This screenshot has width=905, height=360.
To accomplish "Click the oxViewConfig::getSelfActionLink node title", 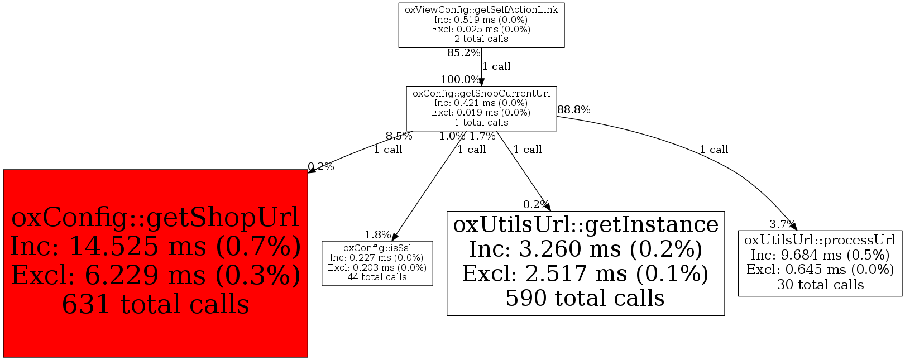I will coord(481,10).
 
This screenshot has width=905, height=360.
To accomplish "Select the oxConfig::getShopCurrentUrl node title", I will coord(481,94).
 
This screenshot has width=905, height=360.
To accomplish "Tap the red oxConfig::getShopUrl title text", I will coord(155,217).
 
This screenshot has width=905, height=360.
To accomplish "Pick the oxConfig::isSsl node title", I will coord(377,248).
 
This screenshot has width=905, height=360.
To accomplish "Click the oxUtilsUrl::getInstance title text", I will coord(586,224).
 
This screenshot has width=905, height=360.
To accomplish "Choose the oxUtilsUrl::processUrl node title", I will coord(820,240).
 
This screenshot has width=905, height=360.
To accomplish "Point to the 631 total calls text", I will coord(155,305).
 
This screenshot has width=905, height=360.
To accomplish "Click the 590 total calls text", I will coord(585,298).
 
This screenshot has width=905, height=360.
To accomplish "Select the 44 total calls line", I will coord(377,277).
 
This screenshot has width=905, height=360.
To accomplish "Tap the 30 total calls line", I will coord(820,285).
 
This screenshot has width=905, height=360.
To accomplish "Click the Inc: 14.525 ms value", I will coord(155,246).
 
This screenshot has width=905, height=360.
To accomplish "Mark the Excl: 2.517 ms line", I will coord(585,273).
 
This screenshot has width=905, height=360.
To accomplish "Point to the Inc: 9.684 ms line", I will coord(820,255).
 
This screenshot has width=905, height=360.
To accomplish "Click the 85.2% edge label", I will coord(463,53).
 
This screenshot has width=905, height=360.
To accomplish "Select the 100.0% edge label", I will coord(460,80).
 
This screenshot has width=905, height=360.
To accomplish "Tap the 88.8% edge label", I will coord(574,110).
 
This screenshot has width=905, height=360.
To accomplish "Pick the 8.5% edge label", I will coord(399,136).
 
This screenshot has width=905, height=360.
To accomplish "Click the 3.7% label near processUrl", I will coord(781,224).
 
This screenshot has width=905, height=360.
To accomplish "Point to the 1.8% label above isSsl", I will coord(378,235).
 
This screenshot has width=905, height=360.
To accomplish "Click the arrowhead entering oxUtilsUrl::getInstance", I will coord(548,207).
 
